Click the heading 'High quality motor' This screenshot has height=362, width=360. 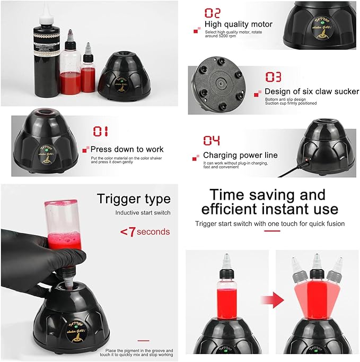[239, 24]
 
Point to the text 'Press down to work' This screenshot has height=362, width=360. [127, 149]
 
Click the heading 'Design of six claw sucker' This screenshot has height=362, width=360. [306, 91]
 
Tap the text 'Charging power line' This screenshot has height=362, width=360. [240, 155]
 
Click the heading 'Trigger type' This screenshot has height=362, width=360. [134, 199]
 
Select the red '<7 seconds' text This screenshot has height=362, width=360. [144, 231]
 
